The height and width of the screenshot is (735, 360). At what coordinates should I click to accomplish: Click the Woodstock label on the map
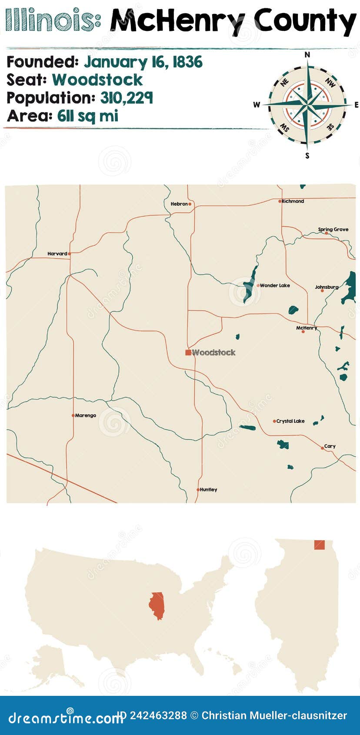click(213, 352)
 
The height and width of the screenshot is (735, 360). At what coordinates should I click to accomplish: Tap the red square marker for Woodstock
click(188, 352)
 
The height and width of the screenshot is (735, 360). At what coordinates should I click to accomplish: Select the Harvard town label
click(57, 254)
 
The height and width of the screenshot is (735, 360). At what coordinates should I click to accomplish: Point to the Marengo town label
click(86, 415)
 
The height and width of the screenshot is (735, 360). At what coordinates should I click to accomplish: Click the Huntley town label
click(209, 490)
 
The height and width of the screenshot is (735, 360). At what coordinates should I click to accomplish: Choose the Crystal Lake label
click(290, 421)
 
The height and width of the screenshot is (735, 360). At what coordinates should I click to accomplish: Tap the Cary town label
click(330, 446)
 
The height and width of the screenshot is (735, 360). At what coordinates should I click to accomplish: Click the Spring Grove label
click(333, 229)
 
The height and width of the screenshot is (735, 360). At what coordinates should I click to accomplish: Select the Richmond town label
click(293, 201)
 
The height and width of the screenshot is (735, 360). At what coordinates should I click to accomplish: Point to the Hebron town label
click(179, 204)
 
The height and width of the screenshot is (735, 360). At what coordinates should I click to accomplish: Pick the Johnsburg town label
click(327, 287)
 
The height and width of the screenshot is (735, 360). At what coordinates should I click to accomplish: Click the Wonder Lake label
click(275, 285)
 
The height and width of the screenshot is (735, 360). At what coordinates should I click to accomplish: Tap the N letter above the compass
click(307, 55)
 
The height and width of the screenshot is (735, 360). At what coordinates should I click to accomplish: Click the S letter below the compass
click(307, 156)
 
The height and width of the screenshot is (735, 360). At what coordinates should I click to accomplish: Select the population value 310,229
click(127, 98)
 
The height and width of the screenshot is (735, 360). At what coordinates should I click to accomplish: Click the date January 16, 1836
click(143, 62)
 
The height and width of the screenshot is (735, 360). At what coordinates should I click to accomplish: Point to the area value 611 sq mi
click(88, 116)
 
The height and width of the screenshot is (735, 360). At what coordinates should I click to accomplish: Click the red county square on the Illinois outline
click(319, 545)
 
